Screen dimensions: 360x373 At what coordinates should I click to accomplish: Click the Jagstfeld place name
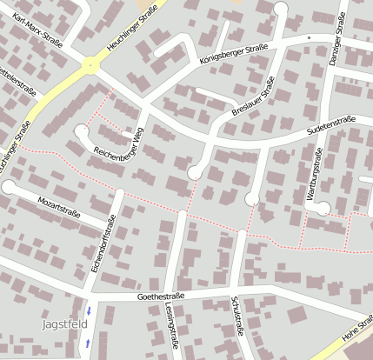[63, 324]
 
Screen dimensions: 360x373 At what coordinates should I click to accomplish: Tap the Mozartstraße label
[59, 206]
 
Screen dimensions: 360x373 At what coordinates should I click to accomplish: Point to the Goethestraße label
[163, 297]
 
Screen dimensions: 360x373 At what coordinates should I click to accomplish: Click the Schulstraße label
[236, 316]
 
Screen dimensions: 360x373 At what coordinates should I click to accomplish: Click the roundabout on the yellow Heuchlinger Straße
[90, 64]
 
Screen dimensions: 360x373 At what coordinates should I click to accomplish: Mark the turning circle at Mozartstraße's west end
[8, 186]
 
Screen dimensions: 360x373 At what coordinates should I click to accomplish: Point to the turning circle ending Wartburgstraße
[323, 208]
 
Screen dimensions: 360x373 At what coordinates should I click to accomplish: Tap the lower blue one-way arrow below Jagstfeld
[87, 344]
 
